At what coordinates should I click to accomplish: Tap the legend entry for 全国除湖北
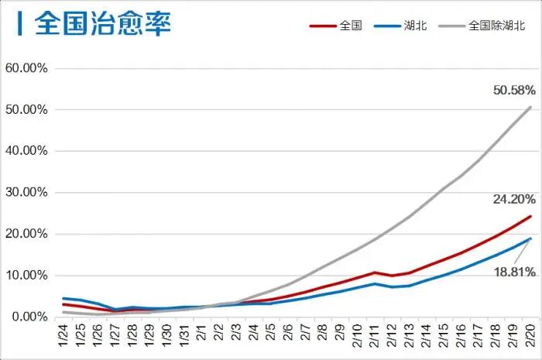[496, 26]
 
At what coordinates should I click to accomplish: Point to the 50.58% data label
[514, 91]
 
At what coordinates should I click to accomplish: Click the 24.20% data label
[514, 199]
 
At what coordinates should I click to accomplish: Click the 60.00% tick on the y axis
[27, 68]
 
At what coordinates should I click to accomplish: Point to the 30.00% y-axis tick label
[27, 192]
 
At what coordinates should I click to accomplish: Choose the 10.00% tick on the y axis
[27, 276]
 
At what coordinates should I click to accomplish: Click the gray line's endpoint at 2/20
[531, 107]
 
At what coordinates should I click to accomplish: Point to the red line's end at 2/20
[531, 216]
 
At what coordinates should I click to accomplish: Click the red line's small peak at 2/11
[374, 273]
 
